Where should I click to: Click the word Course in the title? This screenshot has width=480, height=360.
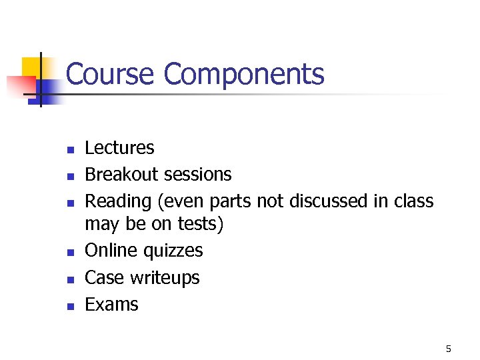[111, 74]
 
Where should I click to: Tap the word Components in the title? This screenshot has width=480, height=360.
[244, 75]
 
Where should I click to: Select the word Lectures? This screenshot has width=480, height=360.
[119, 148]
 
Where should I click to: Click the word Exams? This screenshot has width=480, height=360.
[111, 305]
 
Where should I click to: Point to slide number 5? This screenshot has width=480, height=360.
[449, 349]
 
